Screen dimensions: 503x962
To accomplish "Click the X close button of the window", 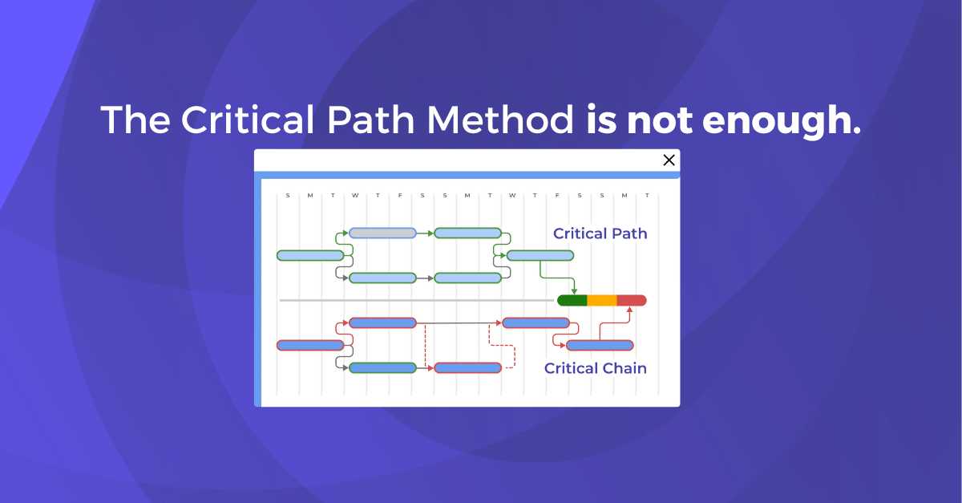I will click(669, 160).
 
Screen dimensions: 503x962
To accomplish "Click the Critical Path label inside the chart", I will click(600, 234).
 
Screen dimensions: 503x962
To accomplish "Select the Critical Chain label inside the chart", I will click(595, 368).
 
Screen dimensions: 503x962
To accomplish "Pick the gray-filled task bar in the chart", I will click(382, 233).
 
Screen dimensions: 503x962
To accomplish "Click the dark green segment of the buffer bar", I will click(572, 301).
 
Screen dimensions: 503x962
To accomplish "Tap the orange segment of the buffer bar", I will click(602, 301).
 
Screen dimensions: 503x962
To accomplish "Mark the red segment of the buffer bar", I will click(632, 301).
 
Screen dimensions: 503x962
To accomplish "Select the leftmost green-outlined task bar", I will click(310, 256).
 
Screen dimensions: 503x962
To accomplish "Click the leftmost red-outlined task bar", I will click(310, 346).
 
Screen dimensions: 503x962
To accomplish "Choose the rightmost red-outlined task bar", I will click(600, 346).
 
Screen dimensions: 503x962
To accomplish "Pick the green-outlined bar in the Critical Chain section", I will click(382, 368).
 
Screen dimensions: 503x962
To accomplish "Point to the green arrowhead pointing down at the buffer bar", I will click(574, 290).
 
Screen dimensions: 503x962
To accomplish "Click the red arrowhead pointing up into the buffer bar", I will click(629, 310).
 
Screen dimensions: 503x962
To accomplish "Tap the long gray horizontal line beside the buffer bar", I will click(417, 301).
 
